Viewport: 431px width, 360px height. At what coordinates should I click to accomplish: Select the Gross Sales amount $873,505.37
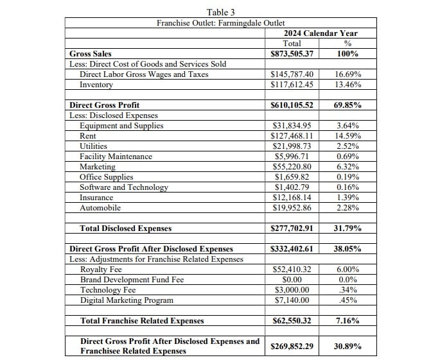292,54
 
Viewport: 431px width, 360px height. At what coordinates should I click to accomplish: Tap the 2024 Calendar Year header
320,33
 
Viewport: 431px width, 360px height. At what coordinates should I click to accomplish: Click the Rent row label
88,136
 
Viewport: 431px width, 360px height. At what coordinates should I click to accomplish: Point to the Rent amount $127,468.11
292,136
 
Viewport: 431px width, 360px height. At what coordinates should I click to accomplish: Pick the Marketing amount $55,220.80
292,167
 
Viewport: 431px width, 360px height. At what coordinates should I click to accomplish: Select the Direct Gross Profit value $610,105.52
292,105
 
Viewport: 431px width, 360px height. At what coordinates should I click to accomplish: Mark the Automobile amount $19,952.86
292,208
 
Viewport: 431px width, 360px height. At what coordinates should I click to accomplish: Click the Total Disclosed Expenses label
125,228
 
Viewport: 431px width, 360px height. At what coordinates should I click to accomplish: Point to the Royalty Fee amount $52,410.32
292,270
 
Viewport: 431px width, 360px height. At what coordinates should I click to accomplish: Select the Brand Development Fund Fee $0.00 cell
292,280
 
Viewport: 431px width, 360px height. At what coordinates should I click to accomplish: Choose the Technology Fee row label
108,290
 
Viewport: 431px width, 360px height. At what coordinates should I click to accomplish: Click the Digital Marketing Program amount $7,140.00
292,300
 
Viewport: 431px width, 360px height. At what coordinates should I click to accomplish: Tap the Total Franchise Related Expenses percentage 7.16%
347,320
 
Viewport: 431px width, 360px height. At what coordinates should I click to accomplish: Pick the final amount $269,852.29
292,346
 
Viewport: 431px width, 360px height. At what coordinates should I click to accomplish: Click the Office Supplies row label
107,177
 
